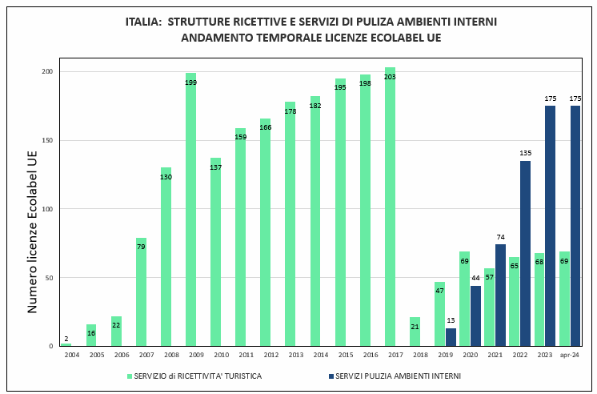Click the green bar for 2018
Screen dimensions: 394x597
415,332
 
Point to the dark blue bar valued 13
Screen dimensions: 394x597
451,337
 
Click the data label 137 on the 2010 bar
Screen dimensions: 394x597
215,167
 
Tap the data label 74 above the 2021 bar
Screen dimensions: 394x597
500,238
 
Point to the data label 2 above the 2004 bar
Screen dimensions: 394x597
66,339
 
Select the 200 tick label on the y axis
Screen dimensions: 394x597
47,72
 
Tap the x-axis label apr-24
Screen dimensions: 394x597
570,354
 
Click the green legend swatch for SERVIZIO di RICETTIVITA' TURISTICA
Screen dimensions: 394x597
129,376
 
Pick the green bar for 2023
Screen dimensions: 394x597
539,300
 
